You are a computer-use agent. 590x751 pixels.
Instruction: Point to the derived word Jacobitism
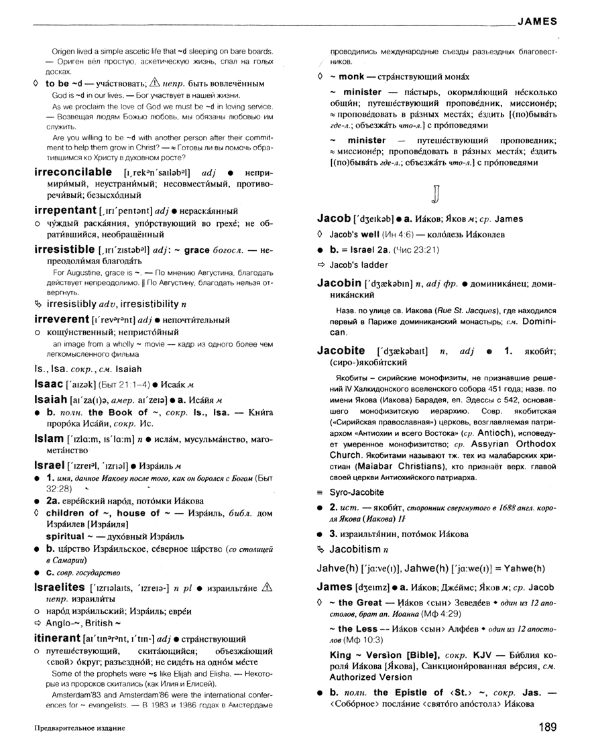(355, 549)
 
